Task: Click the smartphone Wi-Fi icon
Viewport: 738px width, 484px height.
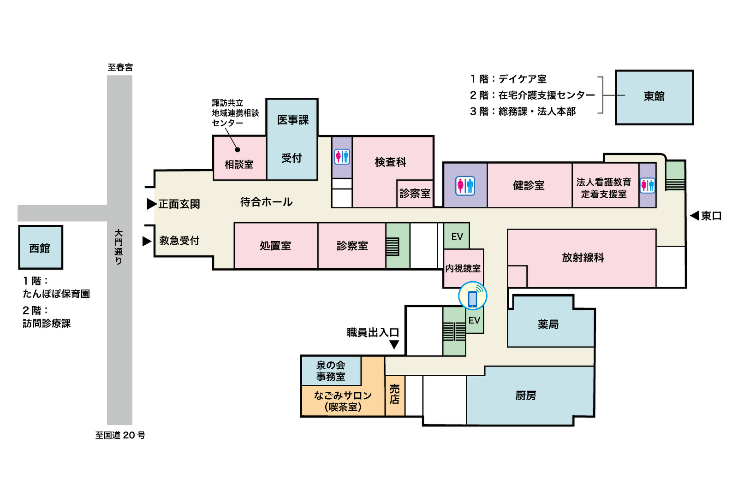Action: pyautogui.click(x=472, y=295)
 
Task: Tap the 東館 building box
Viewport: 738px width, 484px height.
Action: pyautogui.click(x=655, y=97)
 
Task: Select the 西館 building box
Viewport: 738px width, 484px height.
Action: pyautogui.click(x=41, y=247)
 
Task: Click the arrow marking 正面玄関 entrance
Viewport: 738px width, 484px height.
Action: pyautogui.click(x=152, y=204)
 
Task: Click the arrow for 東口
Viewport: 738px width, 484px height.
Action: pyautogui.click(x=695, y=216)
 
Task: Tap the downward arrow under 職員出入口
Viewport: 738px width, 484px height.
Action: pyautogui.click(x=394, y=344)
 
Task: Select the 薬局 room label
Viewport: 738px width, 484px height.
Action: pyautogui.click(x=548, y=325)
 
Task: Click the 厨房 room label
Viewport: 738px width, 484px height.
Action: pyautogui.click(x=525, y=395)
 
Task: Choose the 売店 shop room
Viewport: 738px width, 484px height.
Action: pyautogui.click(x=395, y=395)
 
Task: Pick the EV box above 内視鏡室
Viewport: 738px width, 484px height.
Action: pyautogui.click(x=457, y=236)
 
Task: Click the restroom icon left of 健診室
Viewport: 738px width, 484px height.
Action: pyautogui.click(x=465, y=186)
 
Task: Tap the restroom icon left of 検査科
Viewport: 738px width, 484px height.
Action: pyautogui.click(x=342, y=156)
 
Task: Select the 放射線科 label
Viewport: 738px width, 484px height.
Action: pyautogui.click(x=583, y=258)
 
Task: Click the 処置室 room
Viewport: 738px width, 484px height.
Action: pyautogui.click(x=276, y=246)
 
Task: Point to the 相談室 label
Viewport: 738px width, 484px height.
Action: pyautogui.click(x=239, y=164)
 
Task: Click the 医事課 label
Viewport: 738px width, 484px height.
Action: pyautogui.click(x=292, y=120)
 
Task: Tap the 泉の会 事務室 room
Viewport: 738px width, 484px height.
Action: pyautogui.click(x=331, y=371)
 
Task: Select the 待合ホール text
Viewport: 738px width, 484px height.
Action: pyautogui.click(x=266, y=202)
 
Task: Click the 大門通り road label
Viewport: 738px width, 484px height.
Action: pyautogui.click(x=119, y=247)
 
